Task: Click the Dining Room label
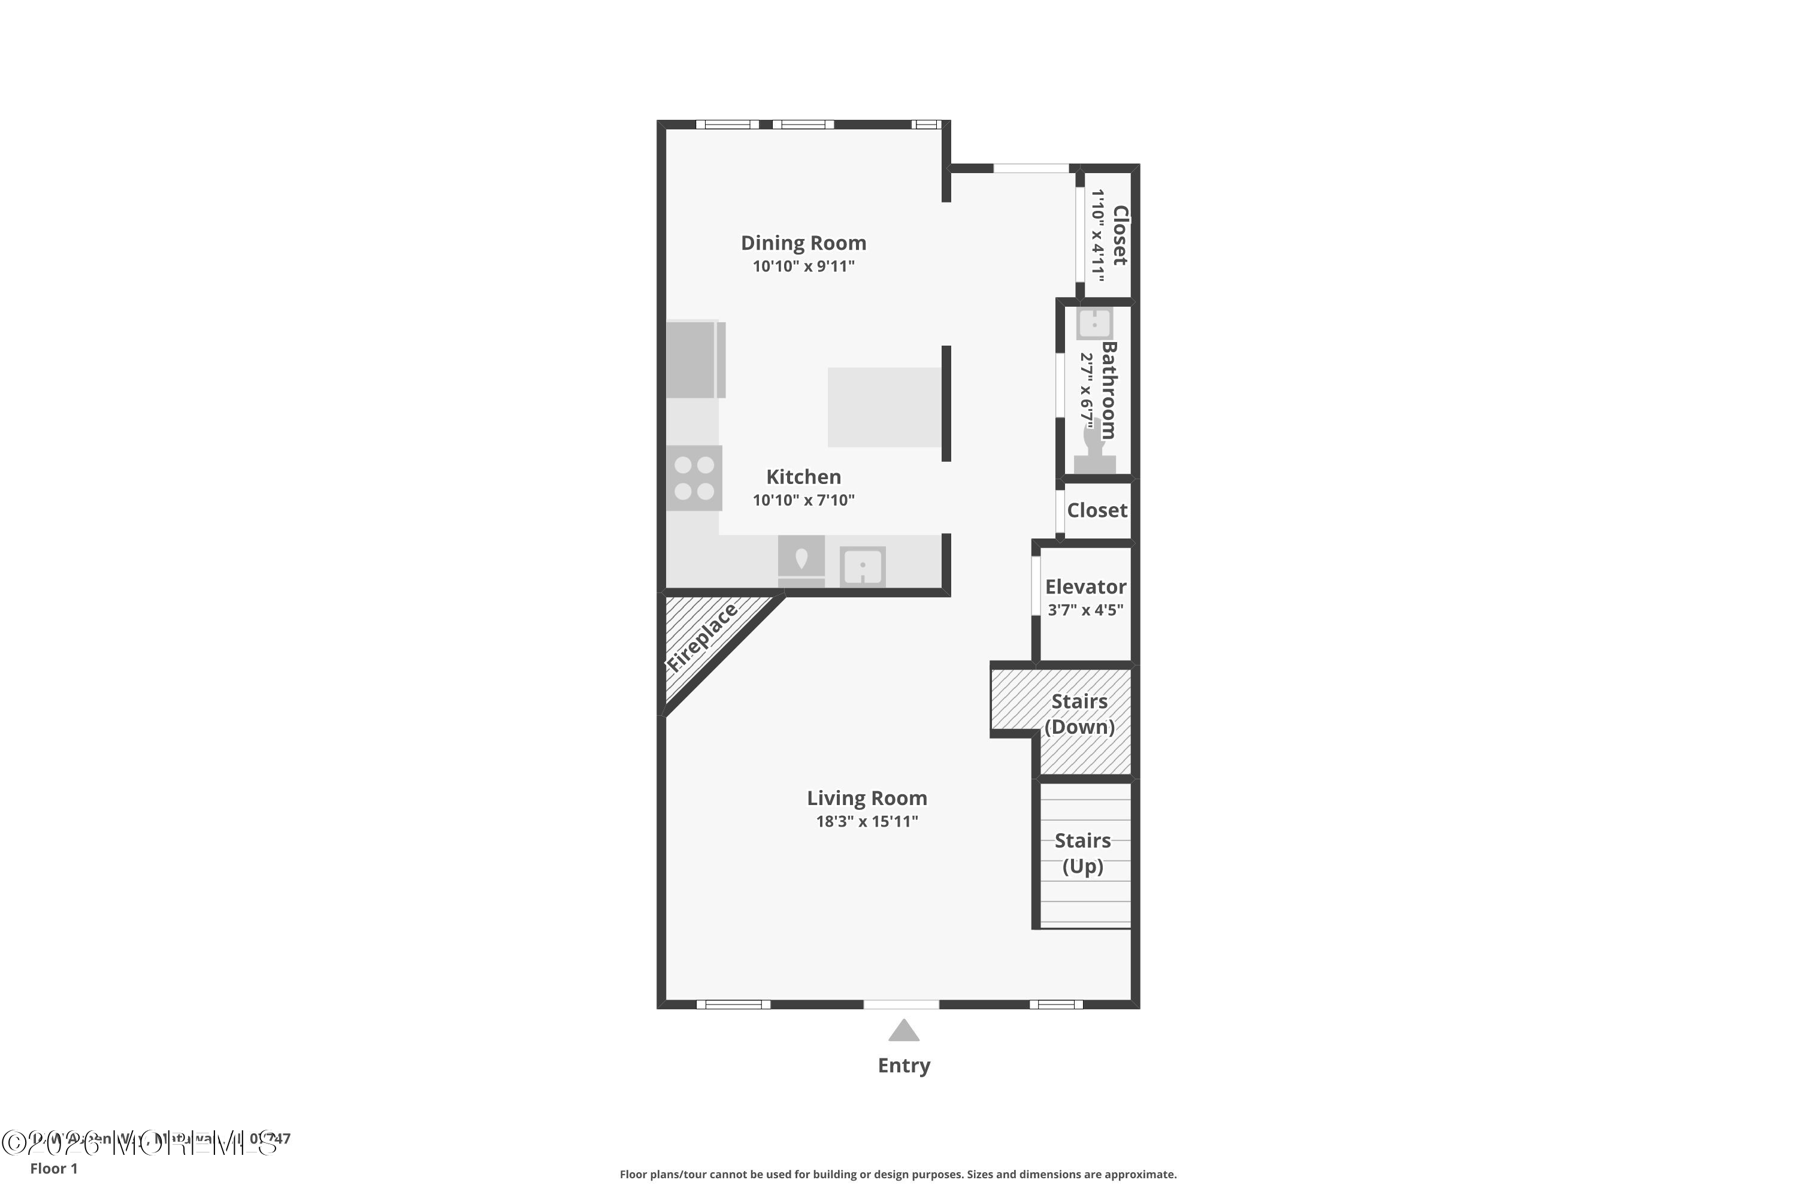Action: (x=803, y=243)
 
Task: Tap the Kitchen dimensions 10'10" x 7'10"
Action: (x=803, y=500)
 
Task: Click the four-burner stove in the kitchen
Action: (x=694, y=478)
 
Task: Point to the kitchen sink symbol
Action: (x=863, y=567)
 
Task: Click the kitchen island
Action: (x=884, y=407)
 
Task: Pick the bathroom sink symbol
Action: (x=1094, y=324)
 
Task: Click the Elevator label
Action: (x=1085, y=587)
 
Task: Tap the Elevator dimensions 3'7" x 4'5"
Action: (x=1085, y=610)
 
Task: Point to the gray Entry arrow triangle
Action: (x=903, y=1031)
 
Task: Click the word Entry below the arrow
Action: (x=903, y=1066)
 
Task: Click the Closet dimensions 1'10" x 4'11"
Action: (x=1098, y=235)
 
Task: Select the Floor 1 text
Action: (x=53, y=1168)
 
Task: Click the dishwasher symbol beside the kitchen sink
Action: (x=801, y=562)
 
